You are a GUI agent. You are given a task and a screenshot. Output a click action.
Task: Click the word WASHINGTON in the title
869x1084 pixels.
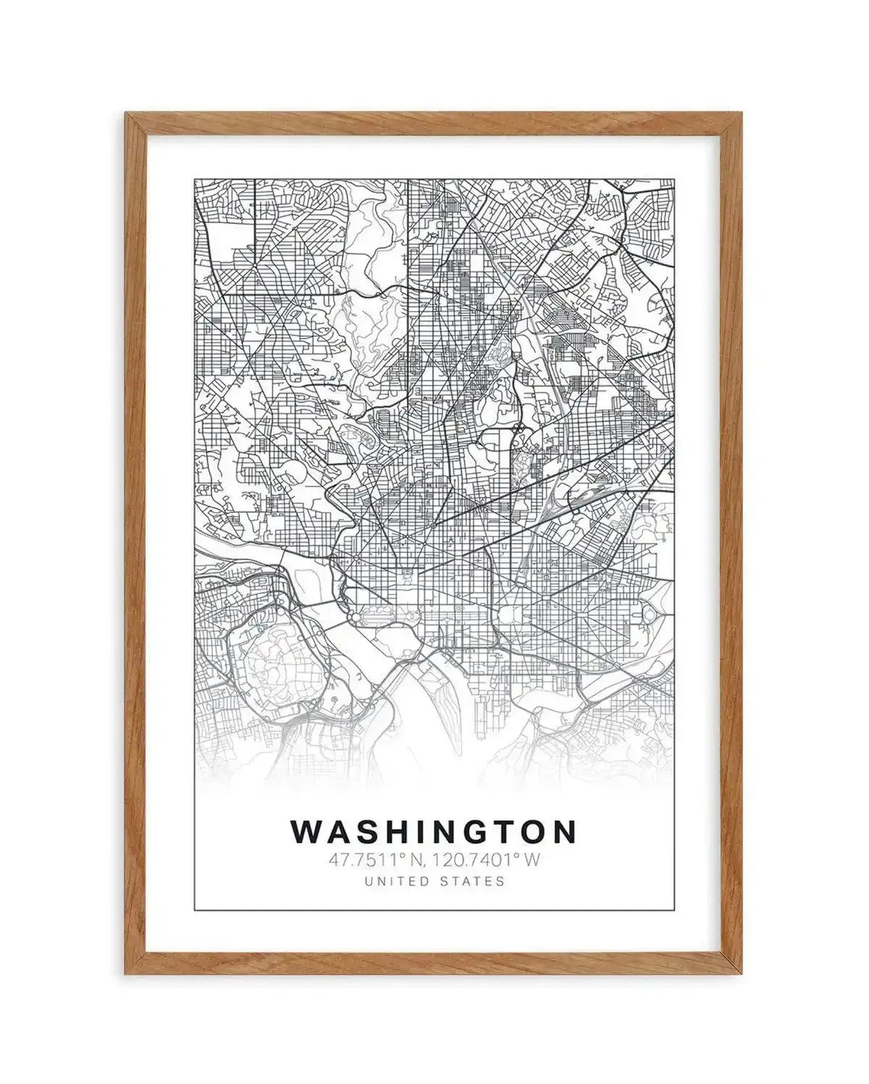tap(434, 832)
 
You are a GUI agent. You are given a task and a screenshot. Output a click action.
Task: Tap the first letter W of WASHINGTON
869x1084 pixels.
tap(305, 832)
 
